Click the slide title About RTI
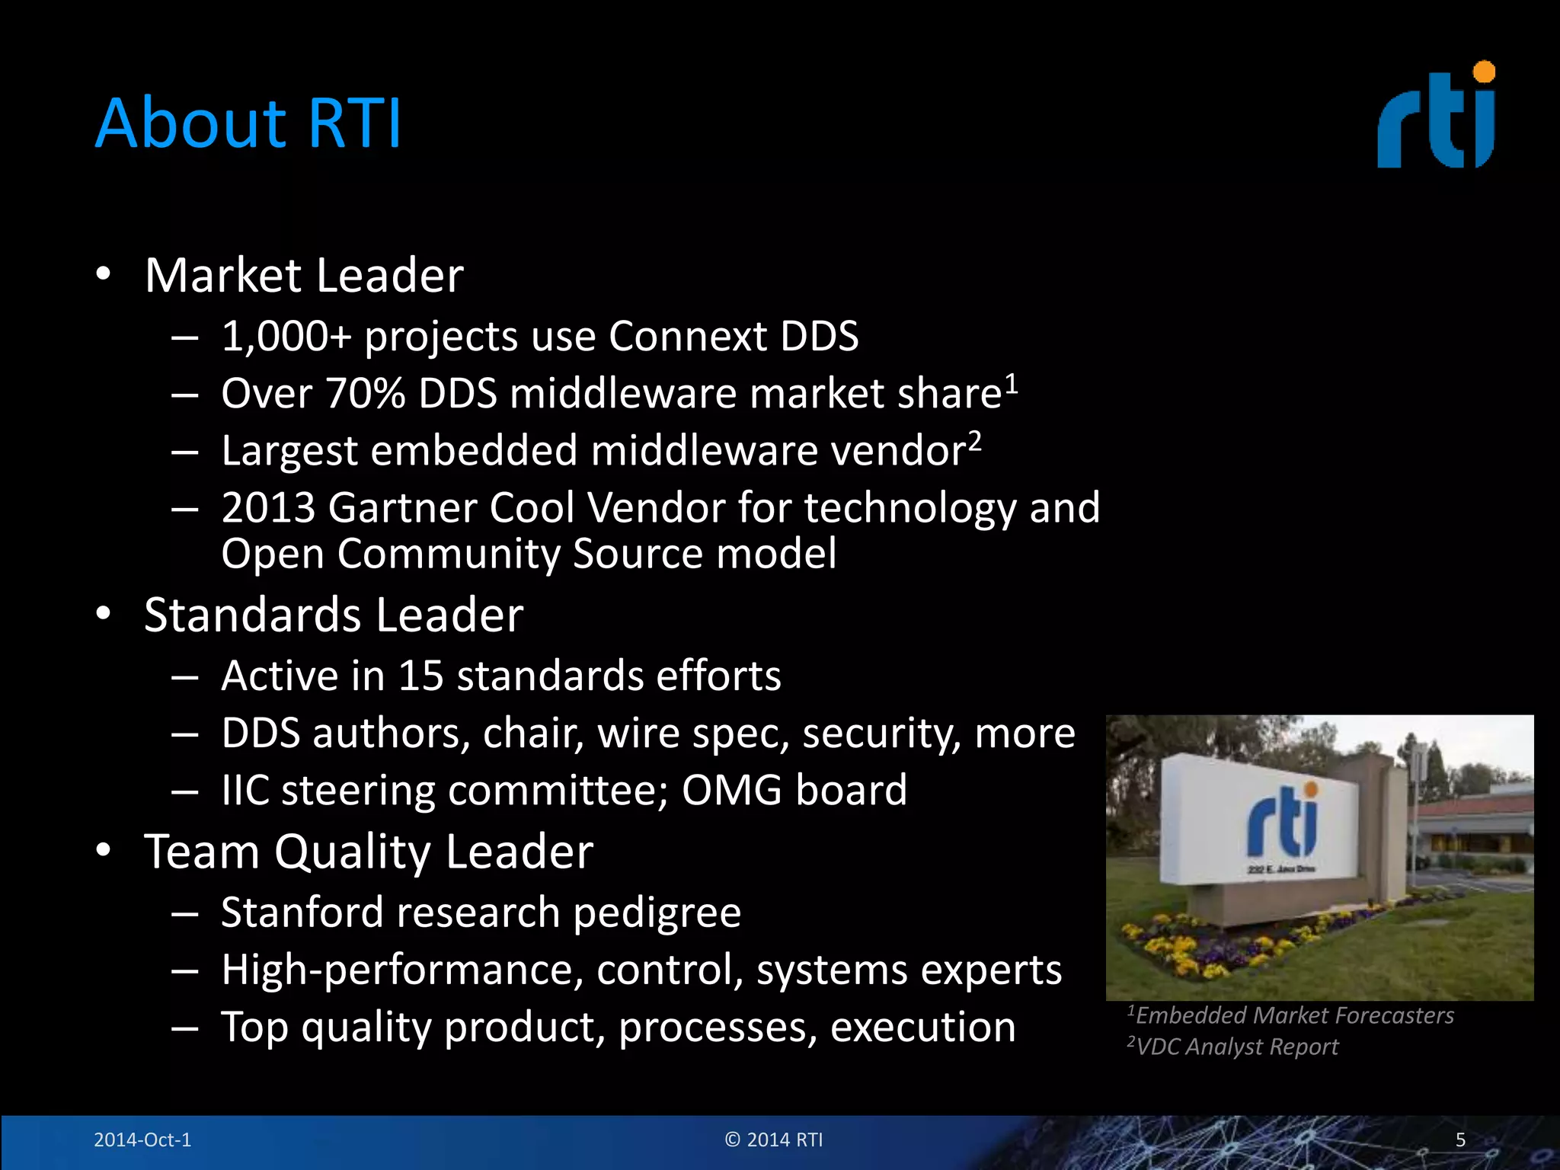click(248, 123)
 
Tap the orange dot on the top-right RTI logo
click(1484, 72)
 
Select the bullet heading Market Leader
click(304, 275)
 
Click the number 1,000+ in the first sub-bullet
click(286, 336)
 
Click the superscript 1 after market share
click(1011, 382)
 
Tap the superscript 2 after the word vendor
click(974, 440)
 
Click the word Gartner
click(402, 507)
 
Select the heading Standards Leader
click(334, 615)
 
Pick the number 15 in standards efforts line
click(420, 676)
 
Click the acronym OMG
click(731, 790)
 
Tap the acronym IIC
click(245, 790)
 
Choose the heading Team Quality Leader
click(369, 851)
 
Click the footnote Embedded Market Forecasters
click(1293, 1015)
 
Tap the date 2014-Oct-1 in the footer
click(142, 1140)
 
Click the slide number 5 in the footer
click(1460, 1140)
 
